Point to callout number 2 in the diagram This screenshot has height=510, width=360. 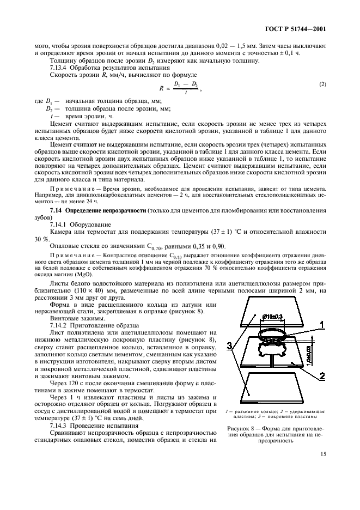pos(322,376)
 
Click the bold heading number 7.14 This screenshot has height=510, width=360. pos(57,210)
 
